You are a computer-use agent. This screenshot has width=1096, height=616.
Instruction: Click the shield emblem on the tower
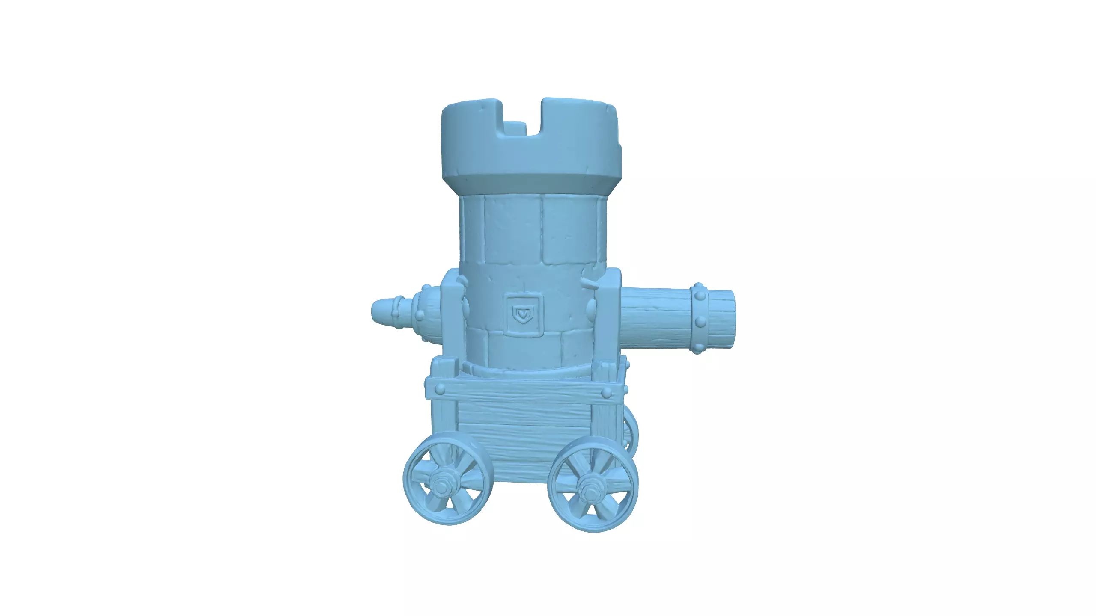(523, 315)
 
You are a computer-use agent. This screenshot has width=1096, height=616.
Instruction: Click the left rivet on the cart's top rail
(440, 389)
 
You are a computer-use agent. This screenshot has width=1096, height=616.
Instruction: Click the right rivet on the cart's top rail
(605, 392)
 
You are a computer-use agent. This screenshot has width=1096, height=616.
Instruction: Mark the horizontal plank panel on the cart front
(524, 441)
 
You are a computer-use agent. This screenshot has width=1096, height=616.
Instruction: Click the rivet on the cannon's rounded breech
(420, 316)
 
